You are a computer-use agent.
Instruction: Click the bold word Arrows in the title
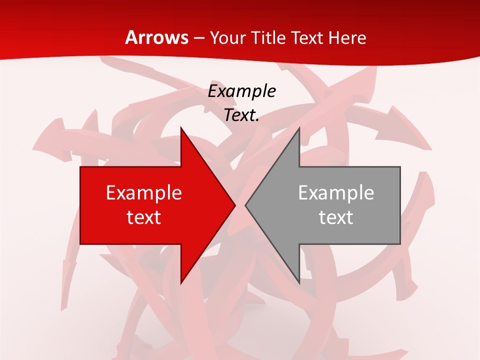[156, 38]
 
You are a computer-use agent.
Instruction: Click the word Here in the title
[348, 38]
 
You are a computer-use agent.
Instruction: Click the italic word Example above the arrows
[242, 91]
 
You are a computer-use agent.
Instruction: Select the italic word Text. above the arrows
[242, 115]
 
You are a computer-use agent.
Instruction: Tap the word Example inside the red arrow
[144, 193]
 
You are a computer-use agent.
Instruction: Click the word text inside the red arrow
[144, 217]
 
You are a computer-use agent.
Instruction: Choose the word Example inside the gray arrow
[336, 193]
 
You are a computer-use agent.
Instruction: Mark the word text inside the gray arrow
[336, 217]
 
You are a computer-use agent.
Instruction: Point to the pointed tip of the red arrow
[235, 205]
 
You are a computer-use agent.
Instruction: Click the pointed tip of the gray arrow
[245, 205]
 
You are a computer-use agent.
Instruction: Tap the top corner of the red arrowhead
[181, 128]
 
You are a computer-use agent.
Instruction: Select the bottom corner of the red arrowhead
[181, 283]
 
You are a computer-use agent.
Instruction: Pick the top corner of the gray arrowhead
[299, 128]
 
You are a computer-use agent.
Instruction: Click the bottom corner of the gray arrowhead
[299, 283]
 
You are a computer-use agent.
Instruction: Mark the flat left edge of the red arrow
[80, 205]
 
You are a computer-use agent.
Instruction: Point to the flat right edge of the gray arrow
[400, 205]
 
